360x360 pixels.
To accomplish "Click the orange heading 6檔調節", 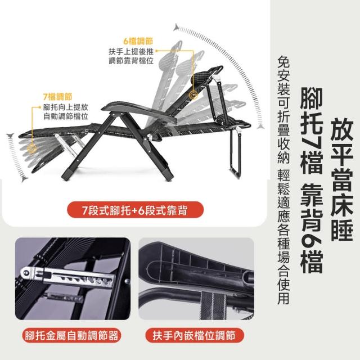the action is coord(138,41).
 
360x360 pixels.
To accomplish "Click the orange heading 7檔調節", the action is coord(57,97).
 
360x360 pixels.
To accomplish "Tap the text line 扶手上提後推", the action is coord(131,51).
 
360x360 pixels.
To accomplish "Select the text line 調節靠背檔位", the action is coord(131,61).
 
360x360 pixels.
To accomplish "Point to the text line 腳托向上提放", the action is coord(66,107).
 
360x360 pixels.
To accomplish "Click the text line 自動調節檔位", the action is coord(66,116).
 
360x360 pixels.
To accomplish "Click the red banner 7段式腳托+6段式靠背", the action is coord(135,210).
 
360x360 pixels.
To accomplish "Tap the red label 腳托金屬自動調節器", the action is coord(72,335).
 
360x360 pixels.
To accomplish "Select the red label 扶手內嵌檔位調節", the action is coord(194,335).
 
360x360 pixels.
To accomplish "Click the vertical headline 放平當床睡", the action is coord(341,179).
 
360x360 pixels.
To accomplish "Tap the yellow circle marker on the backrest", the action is coord(193,95).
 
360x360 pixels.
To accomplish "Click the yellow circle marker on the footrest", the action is coord(32,148).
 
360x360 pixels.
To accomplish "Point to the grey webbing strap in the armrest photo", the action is coord(213,305).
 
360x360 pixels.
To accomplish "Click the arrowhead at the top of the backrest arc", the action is coord(176,27).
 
